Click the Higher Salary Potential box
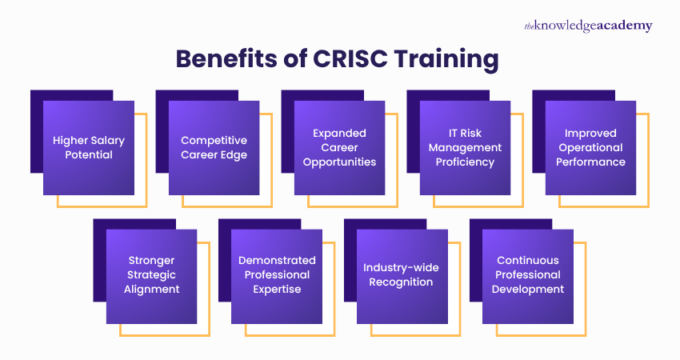pos(89,147)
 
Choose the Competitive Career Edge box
pos(214,147)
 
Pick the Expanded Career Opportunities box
pos(339,147)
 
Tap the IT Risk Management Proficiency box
pos(465,147)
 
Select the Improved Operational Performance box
pos(590,147)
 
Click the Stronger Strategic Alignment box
pos(151,275)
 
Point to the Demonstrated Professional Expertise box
pos(277,275)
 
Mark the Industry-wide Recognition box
pos(402,275)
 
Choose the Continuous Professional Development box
pos(528,275)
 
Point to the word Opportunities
pos(339,162)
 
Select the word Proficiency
pos(465,162)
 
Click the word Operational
pos(590,147)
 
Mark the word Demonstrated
pos(277,260)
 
